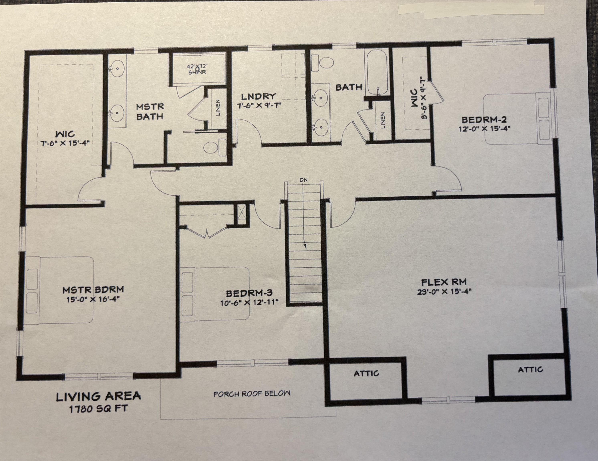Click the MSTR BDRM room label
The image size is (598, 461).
tap(93, 289)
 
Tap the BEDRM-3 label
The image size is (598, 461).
tap(249, 293)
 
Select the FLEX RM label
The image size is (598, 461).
tap(443, 282)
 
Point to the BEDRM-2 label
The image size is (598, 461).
tap(484, 120)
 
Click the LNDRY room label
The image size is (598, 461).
tap(258, 96)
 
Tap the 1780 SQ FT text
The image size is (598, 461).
tap(98, 409)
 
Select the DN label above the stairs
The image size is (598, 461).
tap(303, 180)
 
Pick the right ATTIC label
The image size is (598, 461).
tap(530, 370)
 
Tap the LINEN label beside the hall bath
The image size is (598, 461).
tap(383, 120)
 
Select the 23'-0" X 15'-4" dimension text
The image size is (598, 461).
tap(443, 292)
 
